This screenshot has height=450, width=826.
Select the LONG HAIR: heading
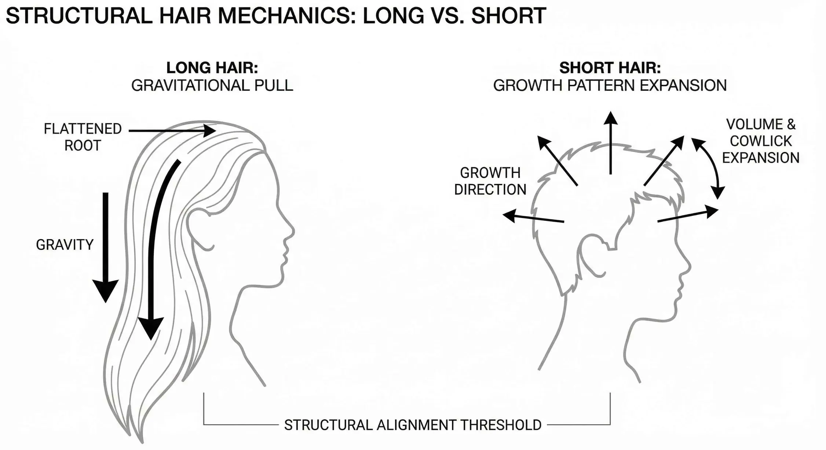212,68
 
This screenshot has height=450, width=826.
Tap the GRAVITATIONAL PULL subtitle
212,86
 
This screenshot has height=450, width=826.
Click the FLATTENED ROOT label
83,137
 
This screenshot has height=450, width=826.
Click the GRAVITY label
65,245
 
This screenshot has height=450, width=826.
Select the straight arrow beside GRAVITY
106,246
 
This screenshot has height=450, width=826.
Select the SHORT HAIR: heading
610,68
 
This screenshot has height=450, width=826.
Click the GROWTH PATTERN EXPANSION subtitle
610,86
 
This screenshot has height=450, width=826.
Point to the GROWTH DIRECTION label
490,181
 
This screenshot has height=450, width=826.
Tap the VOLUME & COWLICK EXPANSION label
761,141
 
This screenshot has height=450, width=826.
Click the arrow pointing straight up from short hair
610,143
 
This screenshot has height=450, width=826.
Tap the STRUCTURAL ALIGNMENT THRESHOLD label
413,425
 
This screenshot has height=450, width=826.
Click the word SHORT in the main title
508,16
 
